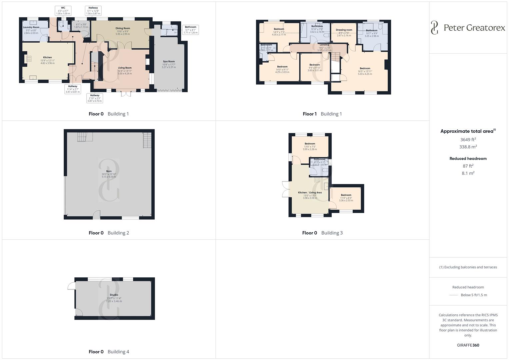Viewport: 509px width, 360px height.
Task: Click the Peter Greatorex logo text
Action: [x=474, y=28]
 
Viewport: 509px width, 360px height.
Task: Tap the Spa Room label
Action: [x=169, y=62]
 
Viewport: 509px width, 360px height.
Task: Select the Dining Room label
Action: [x=123, y=29]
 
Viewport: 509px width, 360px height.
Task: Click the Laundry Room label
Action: [x=31, y=27]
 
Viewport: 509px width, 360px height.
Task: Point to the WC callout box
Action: [x=63, y=10]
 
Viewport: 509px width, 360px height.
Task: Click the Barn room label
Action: [x=109, y=171]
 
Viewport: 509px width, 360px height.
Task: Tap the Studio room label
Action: [x=114, y=295]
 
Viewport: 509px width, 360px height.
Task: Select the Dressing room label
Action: [x=344, y=30]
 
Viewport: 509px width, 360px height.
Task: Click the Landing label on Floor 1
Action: [x=324, y=45]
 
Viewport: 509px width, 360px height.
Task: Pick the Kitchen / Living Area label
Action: [x=310, y=193]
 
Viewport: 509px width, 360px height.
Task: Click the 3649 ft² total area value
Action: [x=468, y=140]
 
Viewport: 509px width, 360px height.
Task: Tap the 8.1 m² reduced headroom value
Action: [x=468, y=173]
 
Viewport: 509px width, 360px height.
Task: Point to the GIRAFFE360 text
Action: [x=468, y=345]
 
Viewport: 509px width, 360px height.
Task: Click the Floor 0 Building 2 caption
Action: [x=109, y=233]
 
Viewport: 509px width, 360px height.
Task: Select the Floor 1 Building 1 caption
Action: [x=322, y=114]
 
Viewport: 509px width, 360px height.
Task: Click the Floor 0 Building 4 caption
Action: [x=109, y=352]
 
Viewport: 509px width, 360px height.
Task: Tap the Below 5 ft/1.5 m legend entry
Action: [x=473, y=295]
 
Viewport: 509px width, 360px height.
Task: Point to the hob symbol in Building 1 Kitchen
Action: [x=29, y=59]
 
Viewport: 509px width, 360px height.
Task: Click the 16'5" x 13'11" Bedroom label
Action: [x=365, y=69]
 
